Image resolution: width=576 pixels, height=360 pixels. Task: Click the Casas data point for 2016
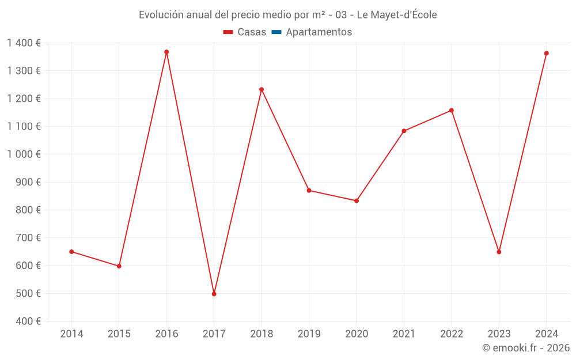pos(166,52)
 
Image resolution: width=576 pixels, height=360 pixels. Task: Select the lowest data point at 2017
pos(214,294)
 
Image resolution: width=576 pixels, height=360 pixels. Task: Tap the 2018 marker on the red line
pos(262,89)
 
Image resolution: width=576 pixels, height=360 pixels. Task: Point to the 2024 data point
pos(546,53)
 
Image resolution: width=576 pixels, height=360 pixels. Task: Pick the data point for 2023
pos(499,252)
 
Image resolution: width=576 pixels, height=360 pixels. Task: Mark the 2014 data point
pos(71,252)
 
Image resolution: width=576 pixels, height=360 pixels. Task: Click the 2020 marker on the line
pos(357,200)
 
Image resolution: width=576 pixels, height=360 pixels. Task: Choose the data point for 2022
pos(451,110)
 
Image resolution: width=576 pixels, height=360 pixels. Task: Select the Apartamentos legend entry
pos(319,32)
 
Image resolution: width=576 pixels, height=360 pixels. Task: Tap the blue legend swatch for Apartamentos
pos(276,32)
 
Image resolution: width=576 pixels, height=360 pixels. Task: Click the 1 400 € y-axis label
pos(24,43)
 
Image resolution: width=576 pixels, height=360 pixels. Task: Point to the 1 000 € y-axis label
pos(24,154)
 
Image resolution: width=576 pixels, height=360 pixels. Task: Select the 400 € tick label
pos(27,321)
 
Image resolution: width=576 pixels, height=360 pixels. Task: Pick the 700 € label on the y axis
pos(27,237)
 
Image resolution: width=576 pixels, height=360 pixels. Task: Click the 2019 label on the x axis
pos(309,334)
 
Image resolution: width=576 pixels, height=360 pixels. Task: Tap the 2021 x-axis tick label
pos(404,334)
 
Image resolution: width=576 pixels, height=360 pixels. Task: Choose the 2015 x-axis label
pos(119,334)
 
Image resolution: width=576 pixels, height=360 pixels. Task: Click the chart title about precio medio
pos(287,15)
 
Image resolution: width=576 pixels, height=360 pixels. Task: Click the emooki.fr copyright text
pos(525,348)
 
